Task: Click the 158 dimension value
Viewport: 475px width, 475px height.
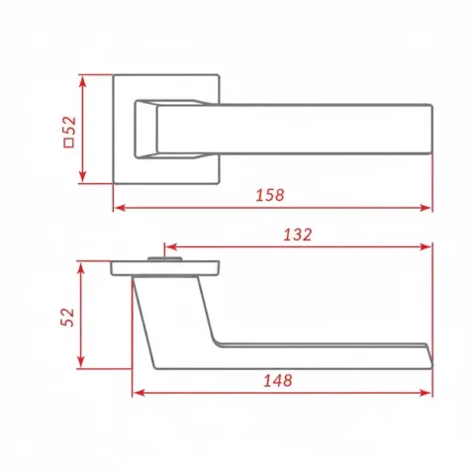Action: click(270, 195)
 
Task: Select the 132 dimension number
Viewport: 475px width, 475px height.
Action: click(297, 235)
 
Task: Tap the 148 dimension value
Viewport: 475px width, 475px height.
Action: click(278, 380)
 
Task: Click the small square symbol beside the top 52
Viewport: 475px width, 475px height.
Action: click(69, 142)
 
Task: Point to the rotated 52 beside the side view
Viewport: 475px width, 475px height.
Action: click(68, 318)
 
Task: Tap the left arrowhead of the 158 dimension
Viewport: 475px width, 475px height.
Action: click(120, 208)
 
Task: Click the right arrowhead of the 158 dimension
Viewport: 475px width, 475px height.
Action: click(427, 208)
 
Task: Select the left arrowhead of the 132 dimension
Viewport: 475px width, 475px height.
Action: click(170, 246)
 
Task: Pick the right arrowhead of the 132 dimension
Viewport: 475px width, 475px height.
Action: click(427, 246)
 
